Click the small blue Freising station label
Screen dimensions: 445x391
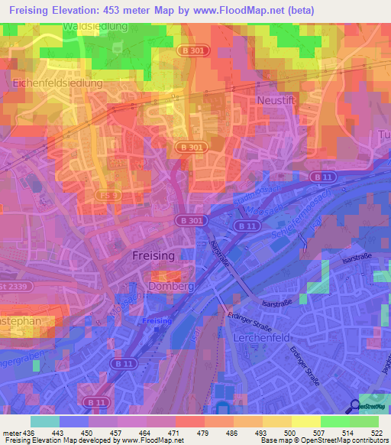pos(156,320)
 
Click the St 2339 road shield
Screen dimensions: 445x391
pos(15,286)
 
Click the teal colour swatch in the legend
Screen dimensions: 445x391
pos(44,421)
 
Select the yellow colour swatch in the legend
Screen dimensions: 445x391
pos(305,421)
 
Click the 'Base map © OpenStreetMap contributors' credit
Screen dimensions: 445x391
pos(325,440)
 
